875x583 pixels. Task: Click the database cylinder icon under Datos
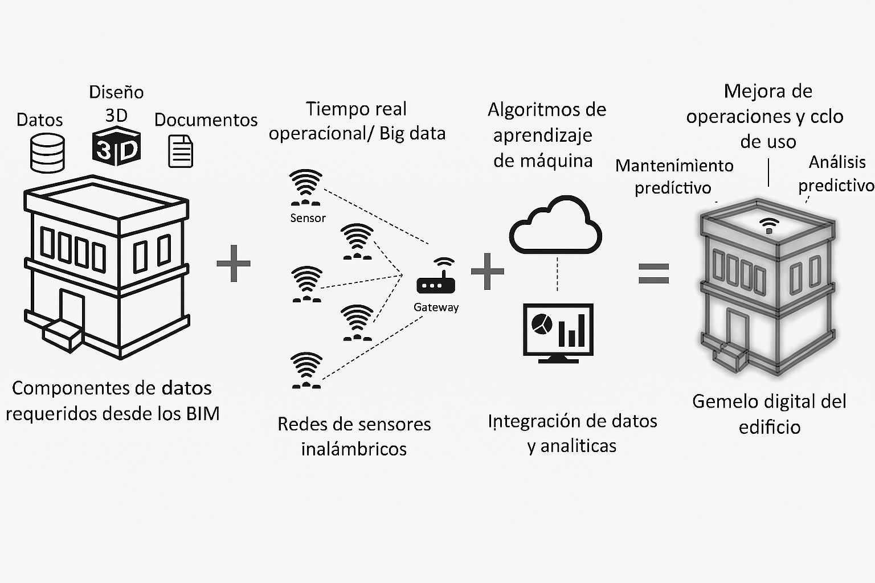tap(47, 153)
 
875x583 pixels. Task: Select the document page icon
tap(181, 151)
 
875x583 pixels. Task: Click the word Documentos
tap(206, 120)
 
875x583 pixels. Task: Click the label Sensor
tap(308, 218)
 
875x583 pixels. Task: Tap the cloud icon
tap(555, 226)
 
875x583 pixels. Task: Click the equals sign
tap(653, 273)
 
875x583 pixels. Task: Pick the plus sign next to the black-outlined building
tap(234, 263)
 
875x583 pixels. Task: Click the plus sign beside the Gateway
tap(488, 271)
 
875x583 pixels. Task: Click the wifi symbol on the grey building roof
tap(770, 225)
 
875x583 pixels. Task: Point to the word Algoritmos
tap(531, 110)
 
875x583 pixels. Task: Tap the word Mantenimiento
tap(674, 166)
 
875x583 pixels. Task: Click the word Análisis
tap(837, 162)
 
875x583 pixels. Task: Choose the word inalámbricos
tap(354, 449)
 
